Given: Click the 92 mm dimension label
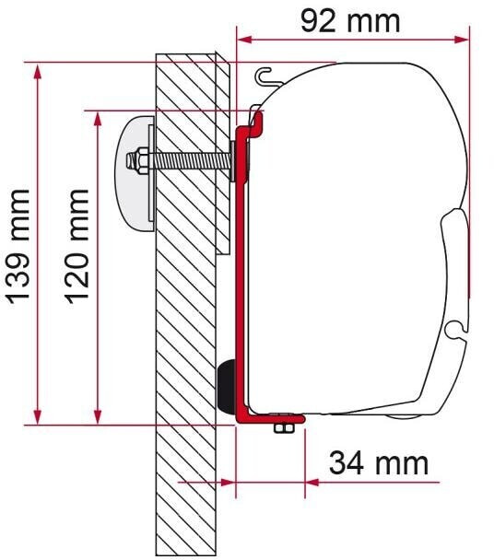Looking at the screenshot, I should pos(351,19).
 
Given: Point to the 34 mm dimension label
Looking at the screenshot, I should pos(379,462).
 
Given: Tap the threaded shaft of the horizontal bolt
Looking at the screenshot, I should pos(189,160).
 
